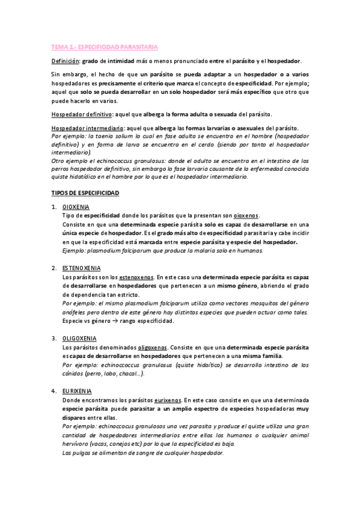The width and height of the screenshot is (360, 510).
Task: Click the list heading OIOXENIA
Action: click(76, 207)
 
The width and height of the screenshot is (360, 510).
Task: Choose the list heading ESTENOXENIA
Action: click(82, 267)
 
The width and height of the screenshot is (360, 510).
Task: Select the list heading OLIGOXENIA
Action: click(80, 338)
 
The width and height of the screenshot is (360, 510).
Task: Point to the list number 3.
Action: click(53, 338)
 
